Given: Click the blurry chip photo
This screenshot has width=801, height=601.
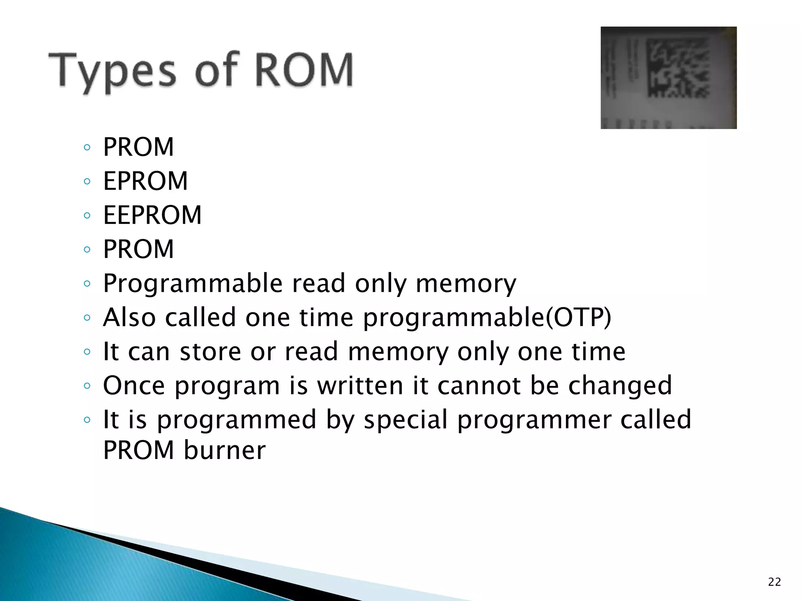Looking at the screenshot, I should coord(668,77).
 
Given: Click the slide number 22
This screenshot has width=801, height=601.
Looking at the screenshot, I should coord(774,582).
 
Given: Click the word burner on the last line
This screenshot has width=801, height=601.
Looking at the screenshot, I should coord(224,450).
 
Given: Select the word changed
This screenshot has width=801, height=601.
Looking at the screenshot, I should coord(620,386).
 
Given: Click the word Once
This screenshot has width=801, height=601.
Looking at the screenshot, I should coord(134,386).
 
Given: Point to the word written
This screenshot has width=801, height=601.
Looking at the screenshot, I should coord(360,386).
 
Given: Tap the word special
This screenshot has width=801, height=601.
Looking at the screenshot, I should coord(406,420).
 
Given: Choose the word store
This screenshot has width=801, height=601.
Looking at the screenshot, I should coord(210,351).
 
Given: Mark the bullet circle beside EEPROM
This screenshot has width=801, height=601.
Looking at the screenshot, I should coord(87,215).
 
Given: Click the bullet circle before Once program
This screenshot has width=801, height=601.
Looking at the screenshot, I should coord(87,386).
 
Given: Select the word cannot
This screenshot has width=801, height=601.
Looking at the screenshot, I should coord(479,386).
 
